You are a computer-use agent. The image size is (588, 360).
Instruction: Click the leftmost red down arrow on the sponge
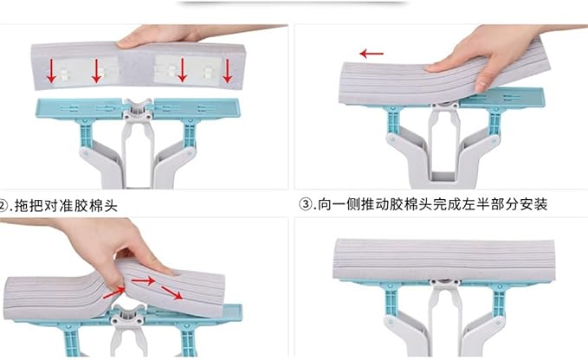point(51,71)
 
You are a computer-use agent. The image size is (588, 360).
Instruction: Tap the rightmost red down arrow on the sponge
point(227,70)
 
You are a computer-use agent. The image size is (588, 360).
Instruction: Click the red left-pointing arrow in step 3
point(372,54)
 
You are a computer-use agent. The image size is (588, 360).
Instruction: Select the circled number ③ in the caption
point(307,204)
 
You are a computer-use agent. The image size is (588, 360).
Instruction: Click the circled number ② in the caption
point(3,206)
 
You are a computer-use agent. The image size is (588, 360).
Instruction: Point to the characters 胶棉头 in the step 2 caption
point(96,206)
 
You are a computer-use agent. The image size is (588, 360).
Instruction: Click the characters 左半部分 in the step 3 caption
point(485,204)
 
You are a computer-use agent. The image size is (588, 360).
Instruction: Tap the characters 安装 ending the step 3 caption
point(533,204)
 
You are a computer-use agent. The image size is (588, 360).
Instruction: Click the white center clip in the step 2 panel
point(138,109)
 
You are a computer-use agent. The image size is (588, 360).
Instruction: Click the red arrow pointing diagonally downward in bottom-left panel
point(171,292)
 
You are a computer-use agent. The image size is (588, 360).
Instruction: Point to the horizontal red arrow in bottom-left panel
point(143,280)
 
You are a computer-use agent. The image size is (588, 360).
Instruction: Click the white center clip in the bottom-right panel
point(445,286)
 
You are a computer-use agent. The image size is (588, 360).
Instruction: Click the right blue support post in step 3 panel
point(494,122)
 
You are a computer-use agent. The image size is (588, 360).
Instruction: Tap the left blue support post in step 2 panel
point(86,133)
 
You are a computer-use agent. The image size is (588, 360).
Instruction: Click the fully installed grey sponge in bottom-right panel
point(444,260)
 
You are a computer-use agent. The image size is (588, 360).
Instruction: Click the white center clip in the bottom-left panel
point(127,315)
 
